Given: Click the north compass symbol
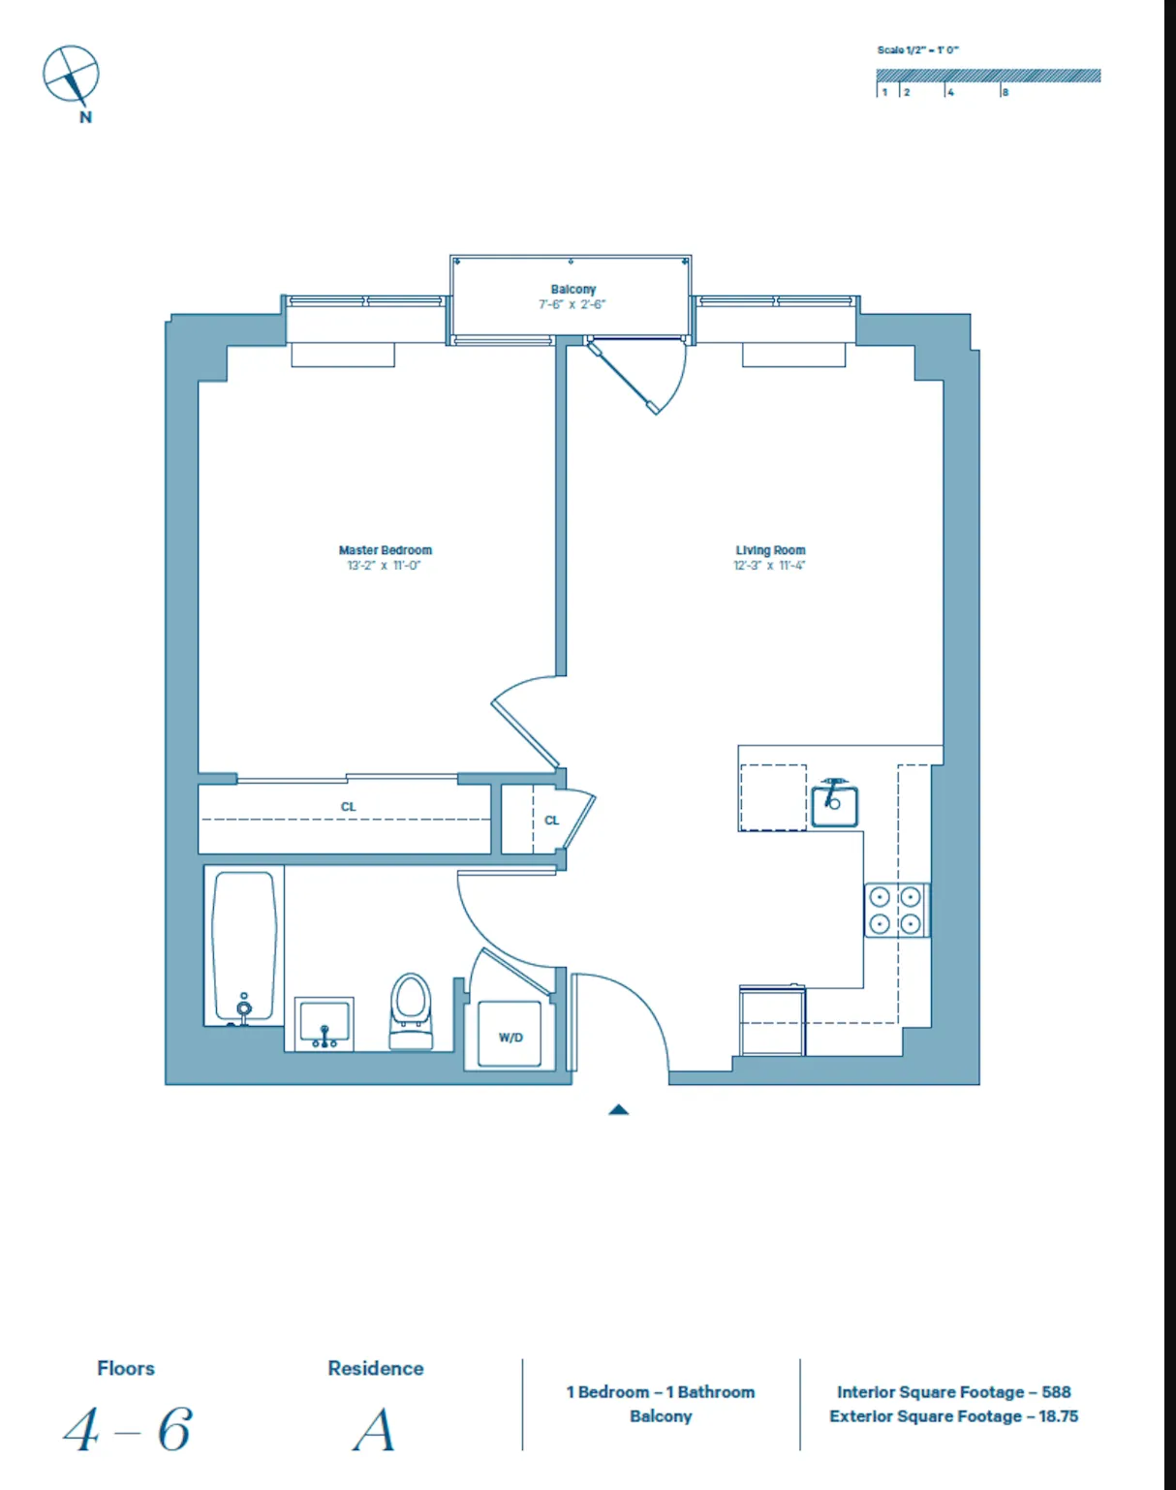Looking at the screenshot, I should pos(71,76).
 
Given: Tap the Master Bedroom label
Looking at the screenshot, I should pos(385,550).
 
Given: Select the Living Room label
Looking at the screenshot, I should pos(770,550).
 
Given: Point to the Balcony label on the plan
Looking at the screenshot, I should pos(573,290).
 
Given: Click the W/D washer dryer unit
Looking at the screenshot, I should pos(511,1037).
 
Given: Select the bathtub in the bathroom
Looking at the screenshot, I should pos(244,945).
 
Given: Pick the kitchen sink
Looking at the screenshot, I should pos(834,804).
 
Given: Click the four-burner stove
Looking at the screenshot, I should pos(895,911).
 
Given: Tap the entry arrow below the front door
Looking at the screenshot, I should pos(619,1110).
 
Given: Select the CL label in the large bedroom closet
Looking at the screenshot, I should pos(349,807).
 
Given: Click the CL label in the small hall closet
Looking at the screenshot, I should pos(551,821).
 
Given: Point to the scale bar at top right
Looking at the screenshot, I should pos(988,76).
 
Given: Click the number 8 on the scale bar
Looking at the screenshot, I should pos(1006,93).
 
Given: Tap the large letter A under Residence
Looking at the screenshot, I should pos(375,1430).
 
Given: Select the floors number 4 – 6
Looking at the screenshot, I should pos(128,1430).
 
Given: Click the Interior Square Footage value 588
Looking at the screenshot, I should pos(1056,1392).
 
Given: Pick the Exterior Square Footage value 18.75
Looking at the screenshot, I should pos(1058,1416).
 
